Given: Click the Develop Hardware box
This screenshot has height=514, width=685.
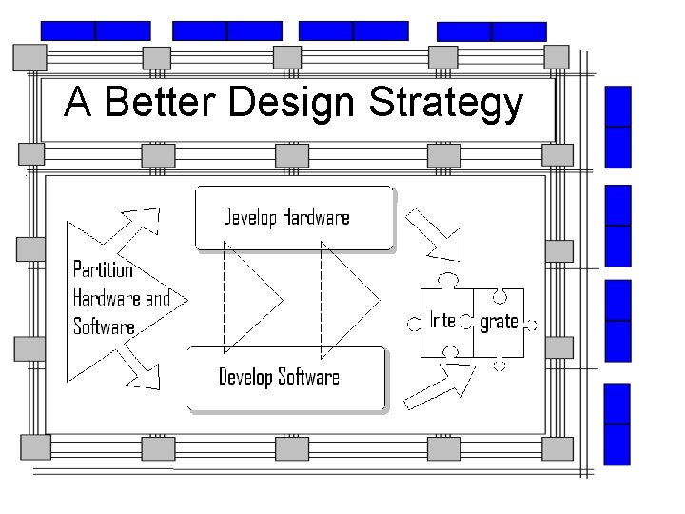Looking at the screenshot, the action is tap(293, 218).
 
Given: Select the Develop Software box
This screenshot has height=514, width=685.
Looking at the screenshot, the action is tap(286, 378).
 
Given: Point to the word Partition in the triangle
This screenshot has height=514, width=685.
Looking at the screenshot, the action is tap(103, 269).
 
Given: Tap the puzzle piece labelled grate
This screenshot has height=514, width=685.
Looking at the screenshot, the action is tap(500, 322).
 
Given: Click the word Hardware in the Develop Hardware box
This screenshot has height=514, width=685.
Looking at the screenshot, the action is tap(314, 218).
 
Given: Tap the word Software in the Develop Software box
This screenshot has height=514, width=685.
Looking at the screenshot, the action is tap(307, 378).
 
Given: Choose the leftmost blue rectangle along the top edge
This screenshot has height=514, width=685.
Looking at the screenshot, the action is tap(96, 31).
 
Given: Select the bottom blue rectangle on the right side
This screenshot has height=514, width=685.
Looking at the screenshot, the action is tap(618, 424).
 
